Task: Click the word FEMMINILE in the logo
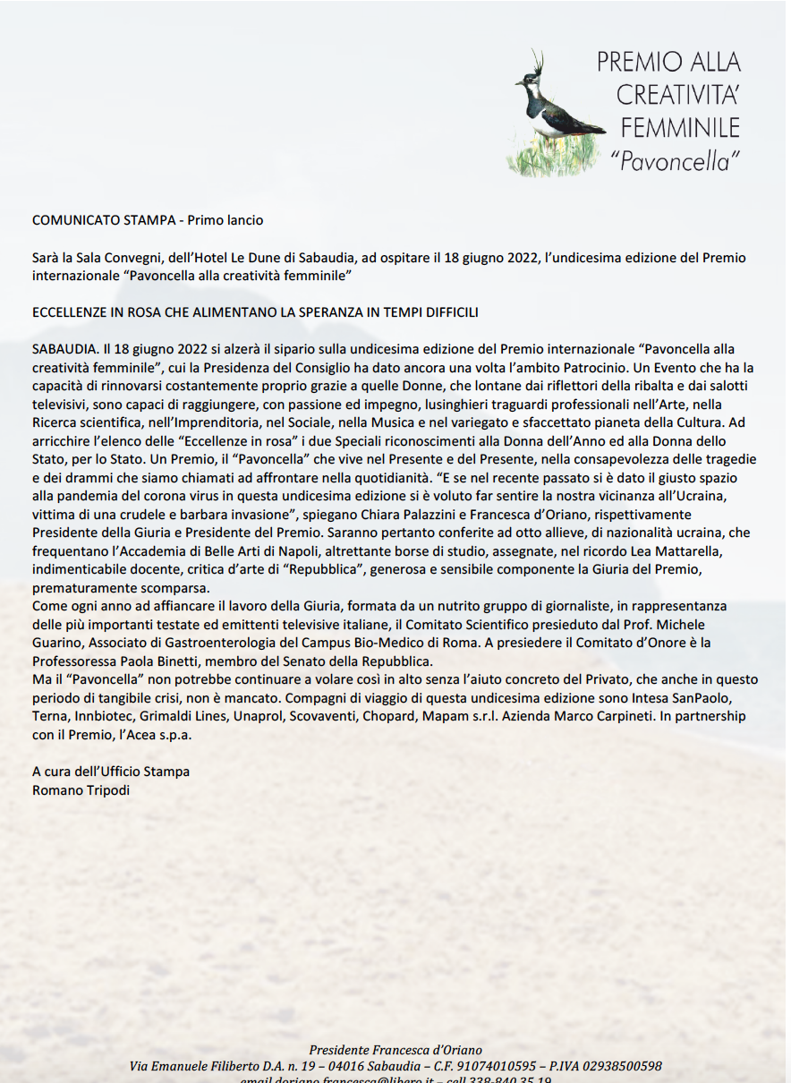point(680,126)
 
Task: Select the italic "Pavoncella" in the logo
point(676,160)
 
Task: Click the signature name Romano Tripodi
point(81,790)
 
